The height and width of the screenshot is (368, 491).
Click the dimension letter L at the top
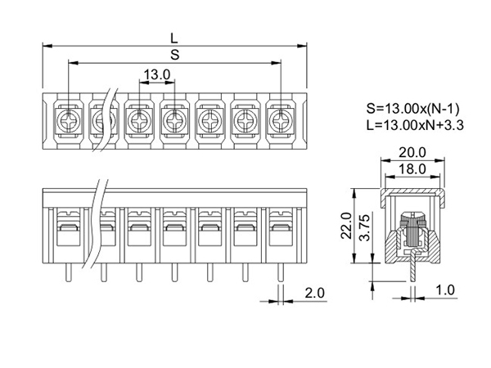[174, 37]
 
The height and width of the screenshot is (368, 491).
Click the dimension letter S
[174, 55]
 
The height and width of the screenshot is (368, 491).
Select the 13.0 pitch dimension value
[156, 74]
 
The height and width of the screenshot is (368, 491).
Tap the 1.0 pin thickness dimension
[445, 290]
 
